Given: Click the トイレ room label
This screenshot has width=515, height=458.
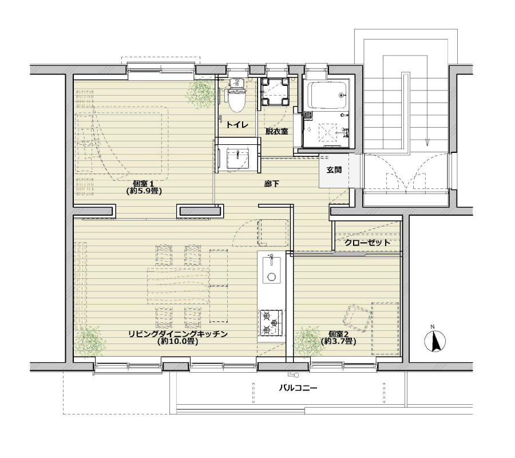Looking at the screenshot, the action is [236, 125].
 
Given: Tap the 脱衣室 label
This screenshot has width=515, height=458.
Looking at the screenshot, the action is [277, 132].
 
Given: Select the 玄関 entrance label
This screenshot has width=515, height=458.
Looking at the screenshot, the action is [334, 170].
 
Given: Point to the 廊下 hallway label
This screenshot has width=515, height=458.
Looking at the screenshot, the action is [271, 184].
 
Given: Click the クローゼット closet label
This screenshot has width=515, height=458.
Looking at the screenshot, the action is [367, 243].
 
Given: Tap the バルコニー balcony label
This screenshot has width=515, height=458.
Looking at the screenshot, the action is [298, 388].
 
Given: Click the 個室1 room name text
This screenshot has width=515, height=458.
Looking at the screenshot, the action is [144, 184].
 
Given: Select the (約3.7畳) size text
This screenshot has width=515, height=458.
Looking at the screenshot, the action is [339, 341].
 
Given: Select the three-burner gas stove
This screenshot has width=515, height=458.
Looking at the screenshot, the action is [271, 323].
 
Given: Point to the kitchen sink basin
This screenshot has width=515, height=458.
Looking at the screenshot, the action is [271, 270].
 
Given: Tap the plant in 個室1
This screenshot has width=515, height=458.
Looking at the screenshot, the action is [200, 93].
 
